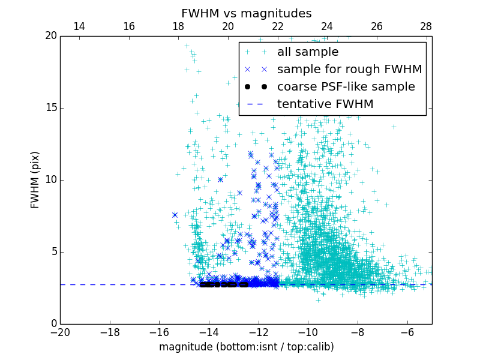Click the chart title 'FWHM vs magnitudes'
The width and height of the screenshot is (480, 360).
(x=246, y=13)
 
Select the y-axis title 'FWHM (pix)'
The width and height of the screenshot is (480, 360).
(x=35, y=179)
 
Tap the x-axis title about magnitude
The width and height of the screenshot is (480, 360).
(x=246, y=347)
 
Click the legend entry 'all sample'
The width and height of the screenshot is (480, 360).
(x=307, y=52)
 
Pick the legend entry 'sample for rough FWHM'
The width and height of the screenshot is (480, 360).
(x=349, y=70)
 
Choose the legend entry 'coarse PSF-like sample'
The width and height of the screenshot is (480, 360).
(x=346, y=87)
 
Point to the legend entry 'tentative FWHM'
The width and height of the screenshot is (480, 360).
(x=325, y=104)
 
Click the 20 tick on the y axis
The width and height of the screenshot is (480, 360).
(x=51, y=36)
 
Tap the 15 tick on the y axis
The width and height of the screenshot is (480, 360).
(x=51, y=108)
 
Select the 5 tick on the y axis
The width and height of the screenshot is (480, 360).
(x=53, y=252)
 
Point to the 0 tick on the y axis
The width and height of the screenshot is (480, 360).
(x=53, y=324)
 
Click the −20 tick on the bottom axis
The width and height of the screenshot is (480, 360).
(x=60, y=332)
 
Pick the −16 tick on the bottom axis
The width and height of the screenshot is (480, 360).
(x=159, y=332)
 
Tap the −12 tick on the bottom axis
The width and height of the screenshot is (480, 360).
(x=259, y=332)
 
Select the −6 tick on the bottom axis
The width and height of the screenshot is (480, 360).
(x=407, y=332)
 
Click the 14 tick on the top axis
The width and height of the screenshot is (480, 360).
(x=79, y=27)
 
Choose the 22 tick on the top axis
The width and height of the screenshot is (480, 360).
(x=277, y=27)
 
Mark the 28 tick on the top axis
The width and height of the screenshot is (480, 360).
(x=426, y=27)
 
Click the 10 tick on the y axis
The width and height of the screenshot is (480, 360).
(x=51, y=180)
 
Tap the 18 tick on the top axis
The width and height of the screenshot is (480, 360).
(x=178, y=27)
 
